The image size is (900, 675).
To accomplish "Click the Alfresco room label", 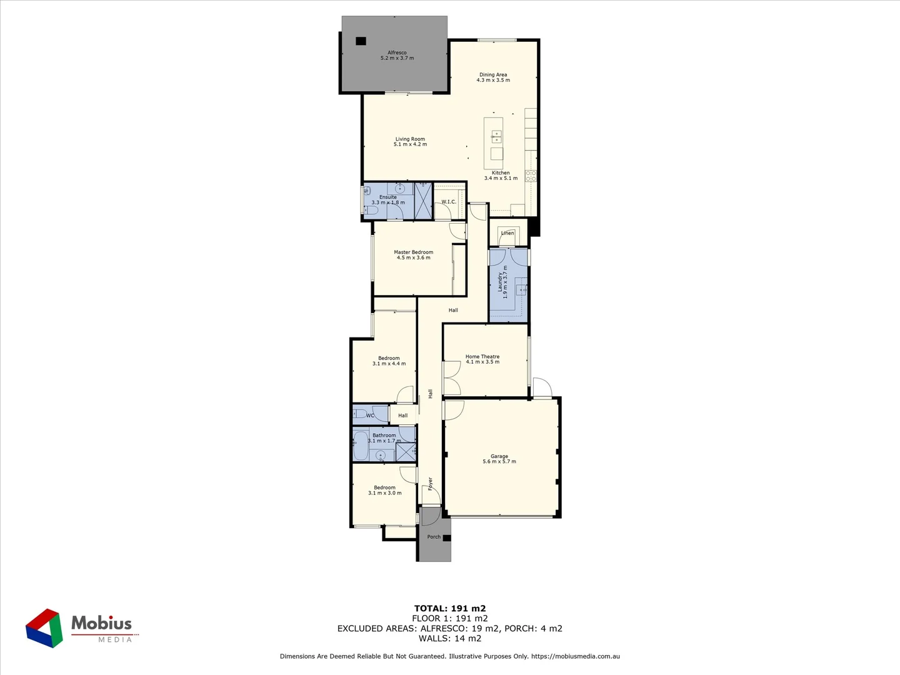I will (x=397, y=52).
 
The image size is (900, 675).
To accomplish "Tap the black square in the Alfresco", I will (x=361, y=41).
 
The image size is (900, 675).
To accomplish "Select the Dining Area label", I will (x=493, y=74).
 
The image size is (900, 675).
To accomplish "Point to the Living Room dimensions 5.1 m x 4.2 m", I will (x=410, y=144).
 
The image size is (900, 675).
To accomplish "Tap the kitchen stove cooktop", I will (x=531, y=176).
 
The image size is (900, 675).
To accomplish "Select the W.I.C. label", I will (x=449, y=202).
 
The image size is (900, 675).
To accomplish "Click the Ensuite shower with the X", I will (x=423, y=201).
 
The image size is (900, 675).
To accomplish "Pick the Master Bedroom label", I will (x=413, y=252).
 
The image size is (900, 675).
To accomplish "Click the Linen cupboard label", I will (x=507, y=233).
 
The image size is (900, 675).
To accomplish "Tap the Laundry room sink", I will (x=521, y=289).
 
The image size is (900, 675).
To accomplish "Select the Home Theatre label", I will (x=482, y=356).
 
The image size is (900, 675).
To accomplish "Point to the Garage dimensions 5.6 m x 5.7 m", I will (x=499, y=462).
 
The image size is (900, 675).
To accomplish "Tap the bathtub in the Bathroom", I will (x=360, y=445).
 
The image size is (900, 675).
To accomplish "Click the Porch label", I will (x=434, y=537).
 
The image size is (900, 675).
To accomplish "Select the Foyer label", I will (x=430, y=484).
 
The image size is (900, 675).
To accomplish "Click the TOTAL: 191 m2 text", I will (x=449, y=608).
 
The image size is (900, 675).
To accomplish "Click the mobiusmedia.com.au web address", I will (x=575, y=656).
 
